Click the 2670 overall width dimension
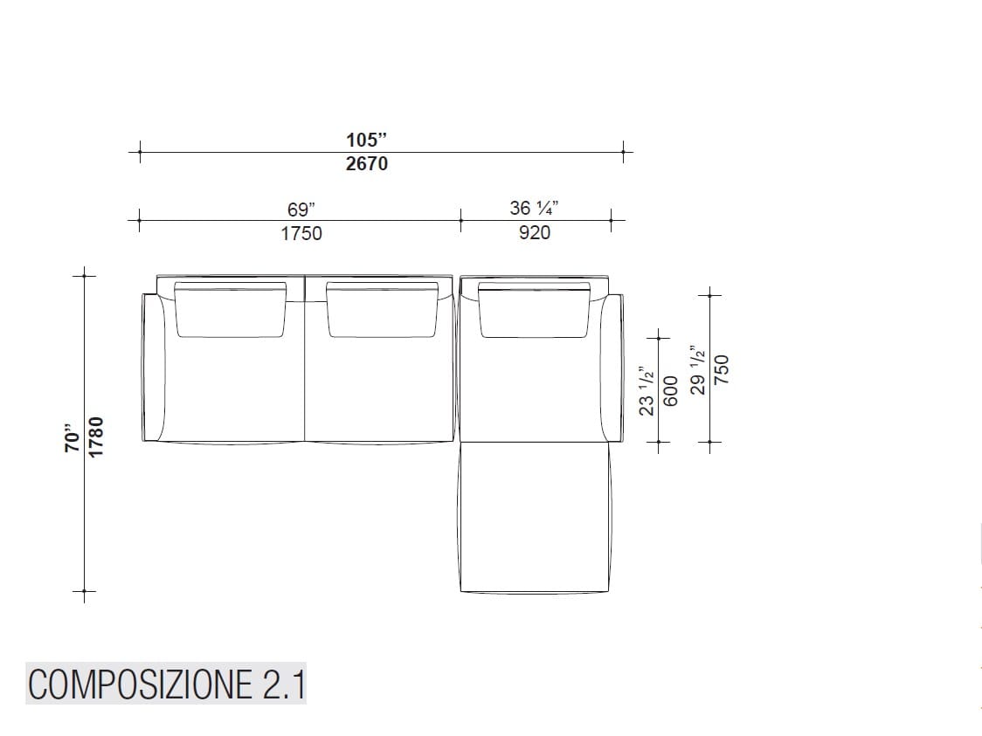click(367, 163)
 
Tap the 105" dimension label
click(367, 140)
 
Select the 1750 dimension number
click(301, 233)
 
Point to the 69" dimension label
click(301, 210)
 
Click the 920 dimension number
click(535, 233)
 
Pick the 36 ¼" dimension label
click(535, 210)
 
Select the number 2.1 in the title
click(281, 684)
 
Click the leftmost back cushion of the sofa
click(232, 310)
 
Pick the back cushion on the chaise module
click(533, 312)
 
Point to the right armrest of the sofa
click(613, 367)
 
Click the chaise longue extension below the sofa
click(532, 515)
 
